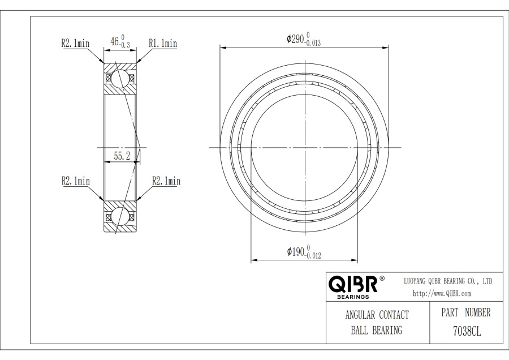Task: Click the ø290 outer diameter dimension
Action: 304,39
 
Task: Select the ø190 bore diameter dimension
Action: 304,252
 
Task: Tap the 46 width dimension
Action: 120,41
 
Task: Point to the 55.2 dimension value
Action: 122,156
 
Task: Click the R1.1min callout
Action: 163,43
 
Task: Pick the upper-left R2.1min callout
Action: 75,43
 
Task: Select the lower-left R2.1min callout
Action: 76,181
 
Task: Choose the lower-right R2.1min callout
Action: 166,181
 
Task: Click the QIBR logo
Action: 353,284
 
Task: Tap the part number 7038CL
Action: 467,331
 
